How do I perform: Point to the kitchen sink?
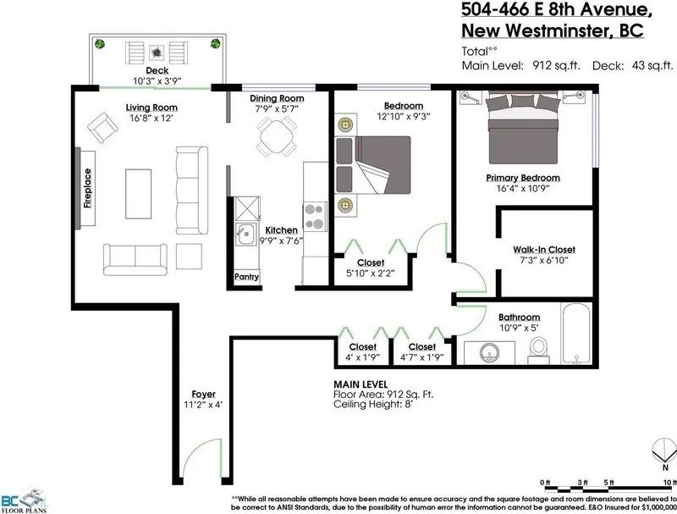click(245, 234)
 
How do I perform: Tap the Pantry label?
click(246, 277)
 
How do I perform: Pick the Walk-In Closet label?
click(544, 250)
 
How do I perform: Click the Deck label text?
click(156, 70)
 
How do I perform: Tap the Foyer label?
click(202, 395)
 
